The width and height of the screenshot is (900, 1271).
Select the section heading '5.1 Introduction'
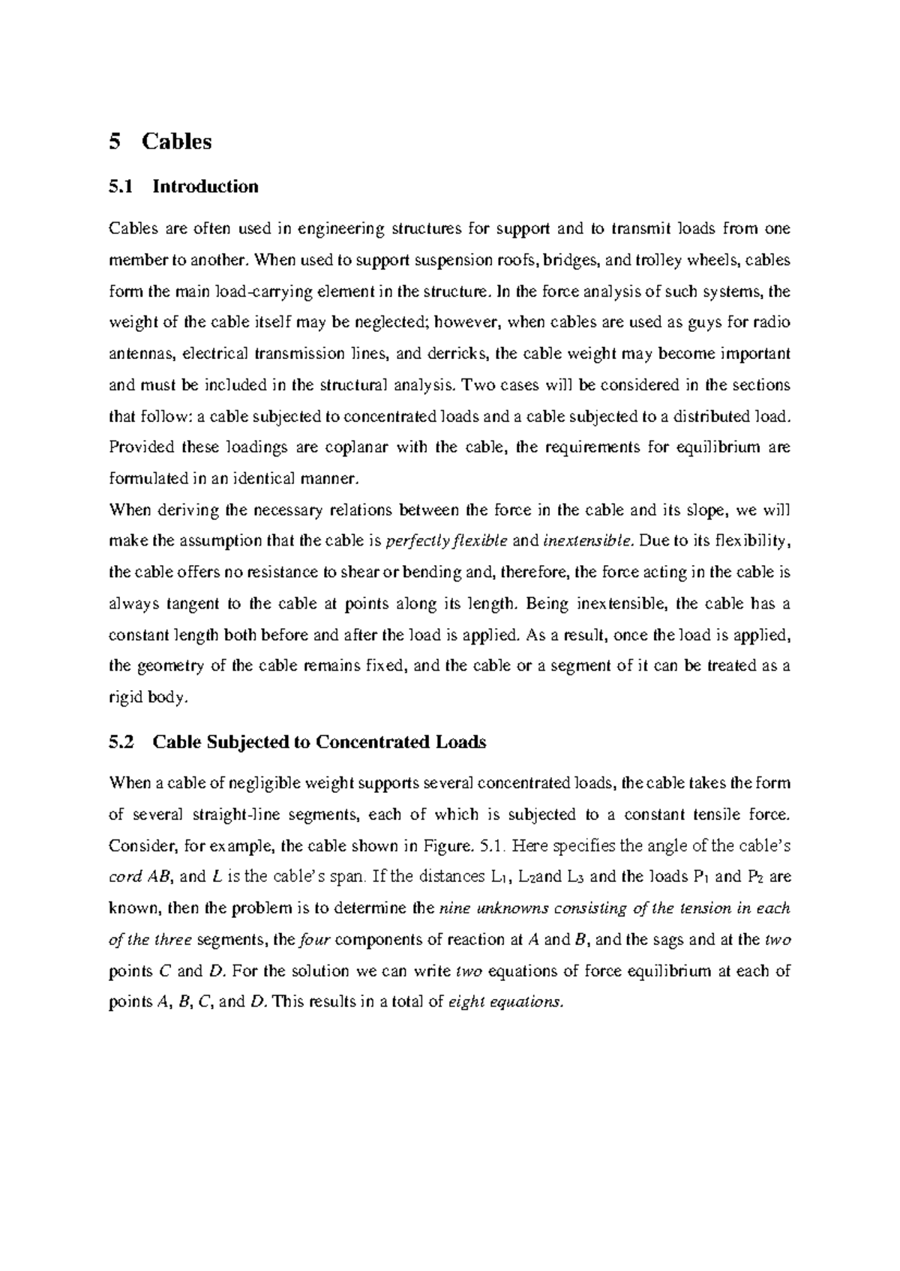point(184,187)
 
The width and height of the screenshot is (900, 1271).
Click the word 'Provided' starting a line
point(142,447)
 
